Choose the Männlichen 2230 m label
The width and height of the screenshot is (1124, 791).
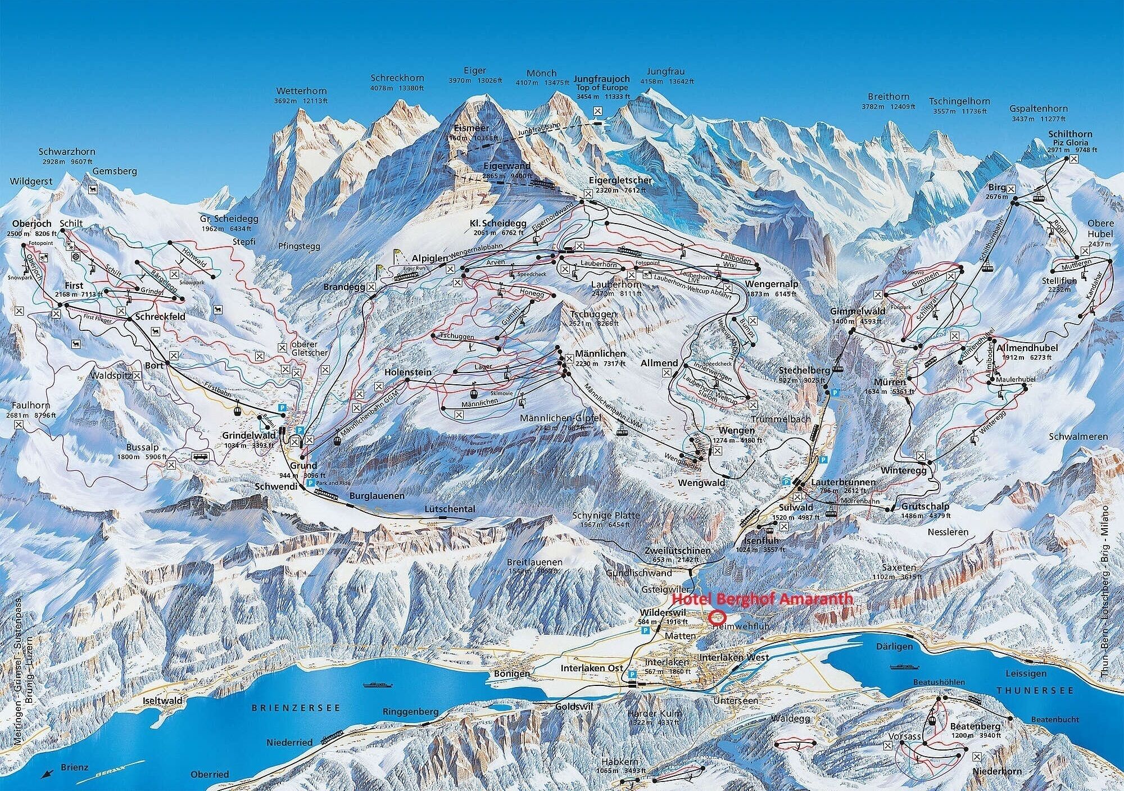pyautogui.click(x=600, y=354)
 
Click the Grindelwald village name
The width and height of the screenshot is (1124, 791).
pyautogui.click(x=249, y=435)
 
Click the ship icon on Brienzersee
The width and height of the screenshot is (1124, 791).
pyautogui.click(x=374, y=685)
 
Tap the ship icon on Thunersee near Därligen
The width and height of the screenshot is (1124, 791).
pyautogui.click(x=902, y=667)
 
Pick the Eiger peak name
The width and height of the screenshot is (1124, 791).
pyautogui.click(x=474, y=71)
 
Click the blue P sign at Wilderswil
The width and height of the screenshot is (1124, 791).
pyautogui.click(x=646, y=631)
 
